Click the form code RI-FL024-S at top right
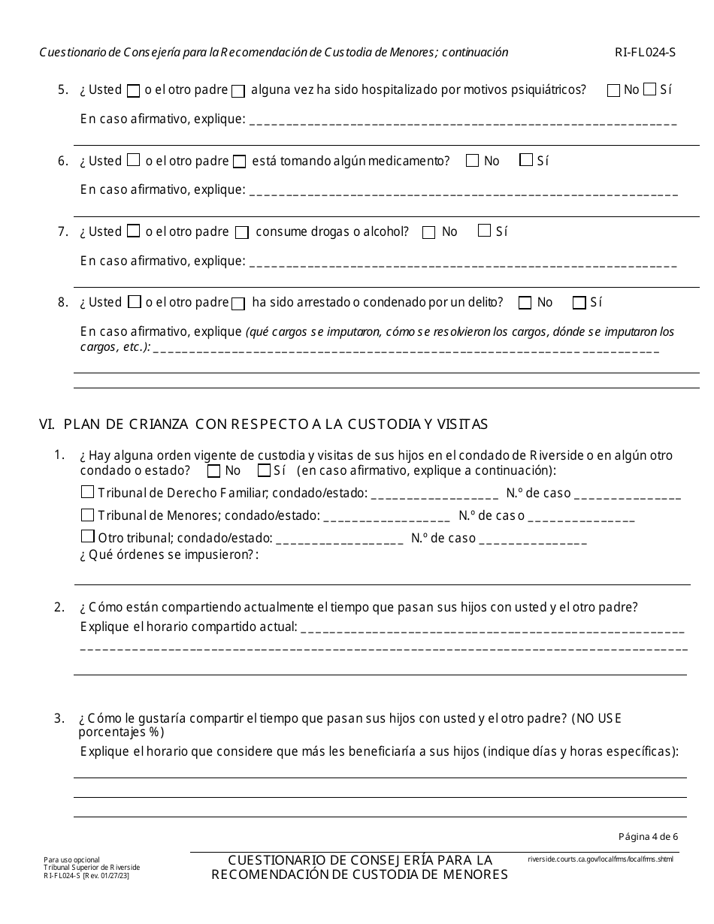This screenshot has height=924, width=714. coord(646,53)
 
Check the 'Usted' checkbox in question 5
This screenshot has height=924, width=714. coord(133,91)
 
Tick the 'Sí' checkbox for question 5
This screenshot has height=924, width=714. coord(650,90)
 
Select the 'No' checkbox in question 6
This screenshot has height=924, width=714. coord(472,161)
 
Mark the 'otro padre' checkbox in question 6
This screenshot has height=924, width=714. coord(239,162)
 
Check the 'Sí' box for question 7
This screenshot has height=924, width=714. coord(485,231)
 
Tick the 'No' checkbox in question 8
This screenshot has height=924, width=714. coord(525,303)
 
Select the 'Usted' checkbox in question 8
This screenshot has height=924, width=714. coord(135,302)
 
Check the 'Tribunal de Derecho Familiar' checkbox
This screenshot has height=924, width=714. coord(87,494)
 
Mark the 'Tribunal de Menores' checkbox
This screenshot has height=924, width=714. coord(87,516)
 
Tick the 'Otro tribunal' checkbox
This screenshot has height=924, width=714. coord(87,538)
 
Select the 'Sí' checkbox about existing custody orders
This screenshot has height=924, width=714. coord(264,471)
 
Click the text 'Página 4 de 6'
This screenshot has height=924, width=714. coord(648,836)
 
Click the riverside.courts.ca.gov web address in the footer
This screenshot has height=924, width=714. coord(601,859)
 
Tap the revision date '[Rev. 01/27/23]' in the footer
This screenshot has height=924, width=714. coord(110,875)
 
